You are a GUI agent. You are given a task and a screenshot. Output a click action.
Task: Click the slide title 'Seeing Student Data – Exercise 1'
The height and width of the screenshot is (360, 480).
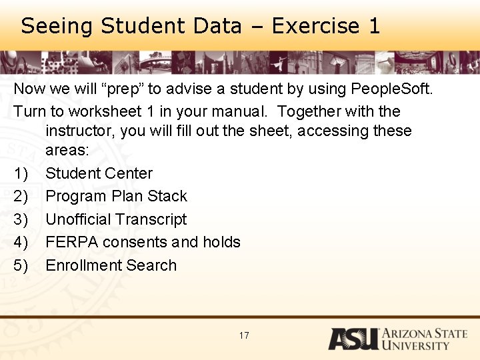click(x=200, y=26)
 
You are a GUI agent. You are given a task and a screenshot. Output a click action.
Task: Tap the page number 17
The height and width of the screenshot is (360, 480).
click(x=244, y=335)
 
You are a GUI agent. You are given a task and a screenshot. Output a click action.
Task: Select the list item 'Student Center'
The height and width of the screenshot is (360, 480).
click(x=99, y=173)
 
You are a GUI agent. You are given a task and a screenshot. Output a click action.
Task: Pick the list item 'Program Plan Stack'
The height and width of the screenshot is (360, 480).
click(x=116, y=196)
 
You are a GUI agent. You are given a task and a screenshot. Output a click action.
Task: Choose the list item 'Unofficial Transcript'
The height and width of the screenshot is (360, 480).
click(x=116, y=219)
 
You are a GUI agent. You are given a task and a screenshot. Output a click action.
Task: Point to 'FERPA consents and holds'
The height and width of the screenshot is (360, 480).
click(x=143, y=242)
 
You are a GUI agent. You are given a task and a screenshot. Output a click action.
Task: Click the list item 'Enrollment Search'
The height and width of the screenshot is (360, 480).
click(x=111, y=265)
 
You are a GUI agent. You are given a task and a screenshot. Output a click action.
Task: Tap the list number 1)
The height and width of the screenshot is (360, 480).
click(x=21, y=173)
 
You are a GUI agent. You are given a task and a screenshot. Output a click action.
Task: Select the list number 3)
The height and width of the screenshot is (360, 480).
click(x=21, y=219)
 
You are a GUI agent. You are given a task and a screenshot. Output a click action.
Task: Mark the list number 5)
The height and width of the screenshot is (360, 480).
click(x=21, y=265)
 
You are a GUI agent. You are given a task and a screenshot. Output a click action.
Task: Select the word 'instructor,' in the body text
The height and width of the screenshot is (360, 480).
click(x=82, y=131)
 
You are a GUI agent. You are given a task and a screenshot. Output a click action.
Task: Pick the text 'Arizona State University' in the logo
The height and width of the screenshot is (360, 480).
click(x=424, y=339)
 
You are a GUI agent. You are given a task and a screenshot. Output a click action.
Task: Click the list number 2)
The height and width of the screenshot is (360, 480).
click(x=21, y=196)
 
